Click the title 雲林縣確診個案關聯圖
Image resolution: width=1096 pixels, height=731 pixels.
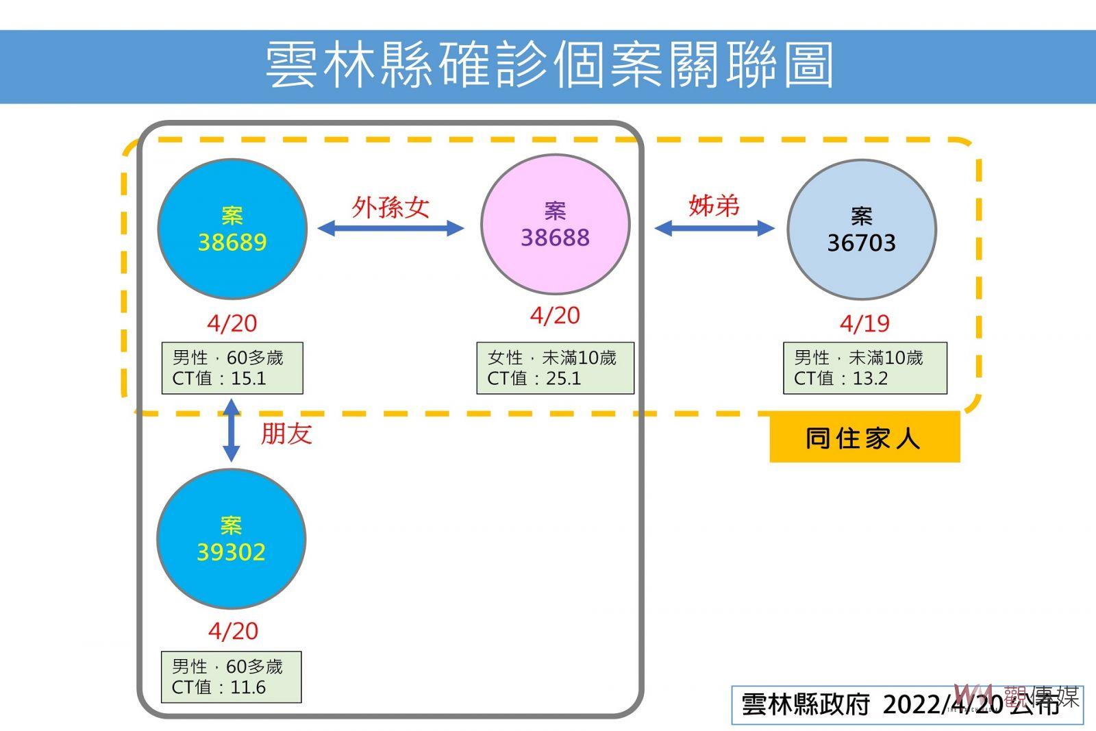(x=549, y=64)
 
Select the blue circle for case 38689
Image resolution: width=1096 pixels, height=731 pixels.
(x=232, y=229)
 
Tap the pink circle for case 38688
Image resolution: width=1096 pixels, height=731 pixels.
(x=556, y=225)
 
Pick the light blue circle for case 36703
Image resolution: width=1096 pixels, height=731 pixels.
(x=862, y=230)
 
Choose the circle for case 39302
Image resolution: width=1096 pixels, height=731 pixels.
(x=232, y=538)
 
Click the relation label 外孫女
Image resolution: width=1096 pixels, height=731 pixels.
(x=390, y=208)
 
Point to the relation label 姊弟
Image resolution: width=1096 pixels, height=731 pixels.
(x=714, y=206)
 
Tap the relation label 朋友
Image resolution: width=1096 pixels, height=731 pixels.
(x=286, y=434)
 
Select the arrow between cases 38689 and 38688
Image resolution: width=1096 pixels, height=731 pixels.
(x=391, y=228)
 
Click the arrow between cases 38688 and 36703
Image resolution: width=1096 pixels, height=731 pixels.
(x=714, y=228)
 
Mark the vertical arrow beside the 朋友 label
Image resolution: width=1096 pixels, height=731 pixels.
(x=232, y=430)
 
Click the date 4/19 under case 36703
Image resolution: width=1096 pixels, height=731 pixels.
(x=864, y=323)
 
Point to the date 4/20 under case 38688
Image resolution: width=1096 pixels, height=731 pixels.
(x=555, y=316)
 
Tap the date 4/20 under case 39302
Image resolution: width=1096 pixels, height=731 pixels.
(x=233, y=631)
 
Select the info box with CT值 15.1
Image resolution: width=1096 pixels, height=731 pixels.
(x=232, y=368)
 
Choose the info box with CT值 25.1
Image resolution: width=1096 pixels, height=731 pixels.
(x=556, y=368)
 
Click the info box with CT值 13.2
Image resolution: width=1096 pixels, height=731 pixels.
(x=865, y=368)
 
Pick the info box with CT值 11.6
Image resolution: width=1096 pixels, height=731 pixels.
(x=232, y=677)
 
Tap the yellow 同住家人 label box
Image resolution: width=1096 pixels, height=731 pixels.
(x=864, y=437)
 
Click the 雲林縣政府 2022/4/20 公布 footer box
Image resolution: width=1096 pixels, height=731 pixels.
(x=907, y=705)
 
